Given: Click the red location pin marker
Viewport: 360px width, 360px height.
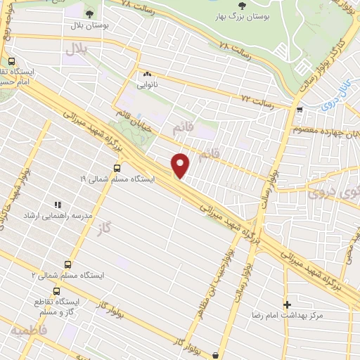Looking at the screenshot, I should (181, 166).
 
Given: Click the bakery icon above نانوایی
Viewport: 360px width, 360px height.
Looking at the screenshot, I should (148, 74).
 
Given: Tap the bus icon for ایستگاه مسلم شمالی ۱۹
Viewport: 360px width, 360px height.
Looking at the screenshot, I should (117, 168).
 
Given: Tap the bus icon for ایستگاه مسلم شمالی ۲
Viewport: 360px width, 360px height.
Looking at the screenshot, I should (68, 264).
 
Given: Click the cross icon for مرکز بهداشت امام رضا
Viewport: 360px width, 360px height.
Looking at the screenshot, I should (287, 304).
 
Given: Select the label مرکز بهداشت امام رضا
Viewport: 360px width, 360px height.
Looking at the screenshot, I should (291, 316).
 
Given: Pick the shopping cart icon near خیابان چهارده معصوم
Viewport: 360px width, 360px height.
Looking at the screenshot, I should (300, 109).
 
